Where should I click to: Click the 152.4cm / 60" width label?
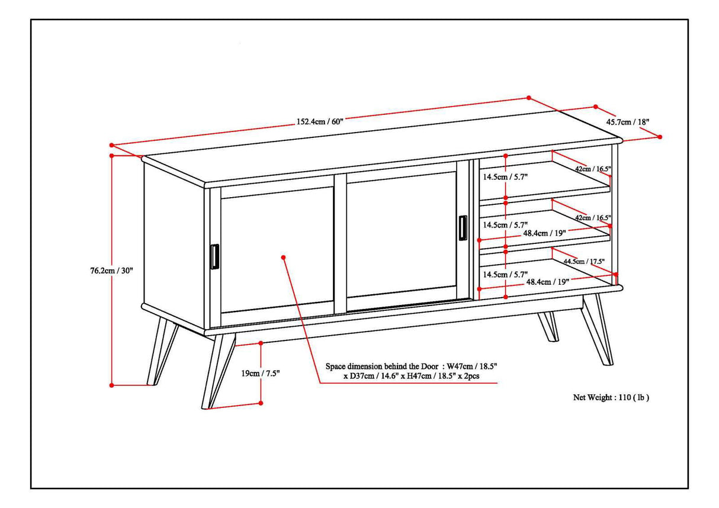pos(320,121)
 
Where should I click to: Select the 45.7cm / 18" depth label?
pos(628,121)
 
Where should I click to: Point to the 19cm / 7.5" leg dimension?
pos(260,373)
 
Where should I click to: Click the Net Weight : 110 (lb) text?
pos(611,398)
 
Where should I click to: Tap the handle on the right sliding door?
pos(462,229)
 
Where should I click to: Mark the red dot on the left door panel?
pos(284,257)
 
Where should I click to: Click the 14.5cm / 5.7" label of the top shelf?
pos(505,176)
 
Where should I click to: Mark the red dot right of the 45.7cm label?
pos(660,137)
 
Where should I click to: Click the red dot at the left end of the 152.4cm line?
pos(111,145)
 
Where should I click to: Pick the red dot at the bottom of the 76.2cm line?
pos(112,385)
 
